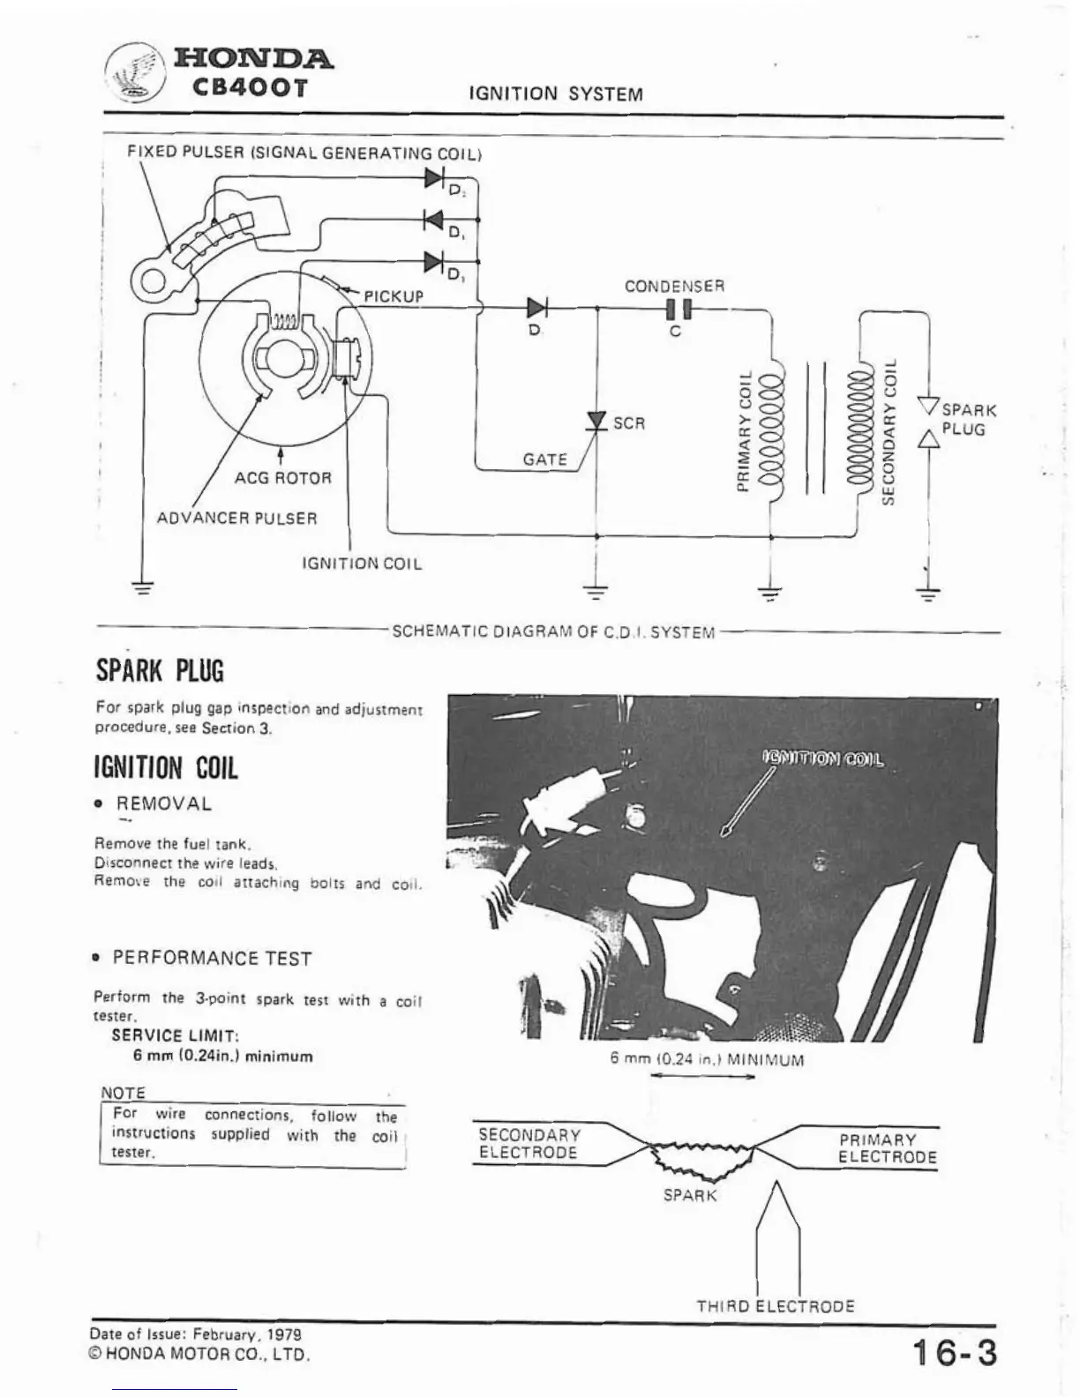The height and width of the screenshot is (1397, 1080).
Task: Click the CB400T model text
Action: (251, 89)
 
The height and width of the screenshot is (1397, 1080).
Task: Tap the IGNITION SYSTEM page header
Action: (556, 94)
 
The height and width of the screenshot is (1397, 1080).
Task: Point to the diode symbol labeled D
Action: (536, 308)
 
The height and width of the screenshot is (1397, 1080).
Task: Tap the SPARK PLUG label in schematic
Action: (968, 420)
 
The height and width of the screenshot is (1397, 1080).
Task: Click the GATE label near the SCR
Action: (544, 459)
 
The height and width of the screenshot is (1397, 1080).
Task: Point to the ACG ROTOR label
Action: (282, 479)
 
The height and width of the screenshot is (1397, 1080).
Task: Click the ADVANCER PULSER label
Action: (236, 519)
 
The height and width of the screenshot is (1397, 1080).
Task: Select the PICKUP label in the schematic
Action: (394, 296)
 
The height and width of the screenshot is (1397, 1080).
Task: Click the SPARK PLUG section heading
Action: (160, 671)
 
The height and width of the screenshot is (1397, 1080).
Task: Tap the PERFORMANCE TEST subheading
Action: (212, 959)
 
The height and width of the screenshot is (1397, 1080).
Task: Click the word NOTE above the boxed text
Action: (123, 1093)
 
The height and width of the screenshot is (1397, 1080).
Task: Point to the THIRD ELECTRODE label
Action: (775, 1306)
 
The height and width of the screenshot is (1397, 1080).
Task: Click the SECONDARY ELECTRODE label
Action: (529, 1144)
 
